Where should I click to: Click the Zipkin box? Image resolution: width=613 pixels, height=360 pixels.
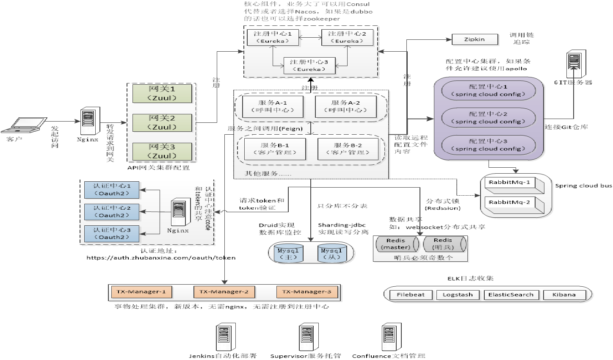click(x=474, y=39)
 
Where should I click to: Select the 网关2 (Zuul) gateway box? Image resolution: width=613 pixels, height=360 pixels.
click(x=162, y=122)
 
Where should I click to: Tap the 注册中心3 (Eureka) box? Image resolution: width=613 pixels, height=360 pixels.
click(x=309, y=66)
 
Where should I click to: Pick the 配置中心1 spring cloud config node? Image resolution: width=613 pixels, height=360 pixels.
click(x=488, y=90)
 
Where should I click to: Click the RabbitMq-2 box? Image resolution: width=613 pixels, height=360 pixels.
click(x=510, y=202)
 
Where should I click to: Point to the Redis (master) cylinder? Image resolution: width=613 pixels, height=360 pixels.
click(x=396, y=244)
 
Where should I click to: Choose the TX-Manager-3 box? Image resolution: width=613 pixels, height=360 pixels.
click(x=307, y=292)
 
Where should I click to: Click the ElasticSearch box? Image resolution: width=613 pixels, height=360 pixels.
click(x=511, y=295)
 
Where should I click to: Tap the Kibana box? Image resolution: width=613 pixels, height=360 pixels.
click(x=564, y=295)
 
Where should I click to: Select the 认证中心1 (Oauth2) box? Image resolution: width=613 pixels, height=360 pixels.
click(x=112, y=190)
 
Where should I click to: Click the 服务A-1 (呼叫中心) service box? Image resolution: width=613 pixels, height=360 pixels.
click(x=273, y=106)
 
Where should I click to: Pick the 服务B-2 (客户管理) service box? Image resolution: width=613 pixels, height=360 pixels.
click(x=348, y=149)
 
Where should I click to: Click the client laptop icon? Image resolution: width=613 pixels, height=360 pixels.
click(x=25, y=125)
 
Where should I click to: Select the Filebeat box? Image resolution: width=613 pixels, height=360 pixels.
click(x=410, y=295)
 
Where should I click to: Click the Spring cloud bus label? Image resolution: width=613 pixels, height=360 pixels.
click(x=583, y=186)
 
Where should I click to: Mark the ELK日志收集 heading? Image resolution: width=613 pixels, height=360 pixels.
click(x=470, y=279)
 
